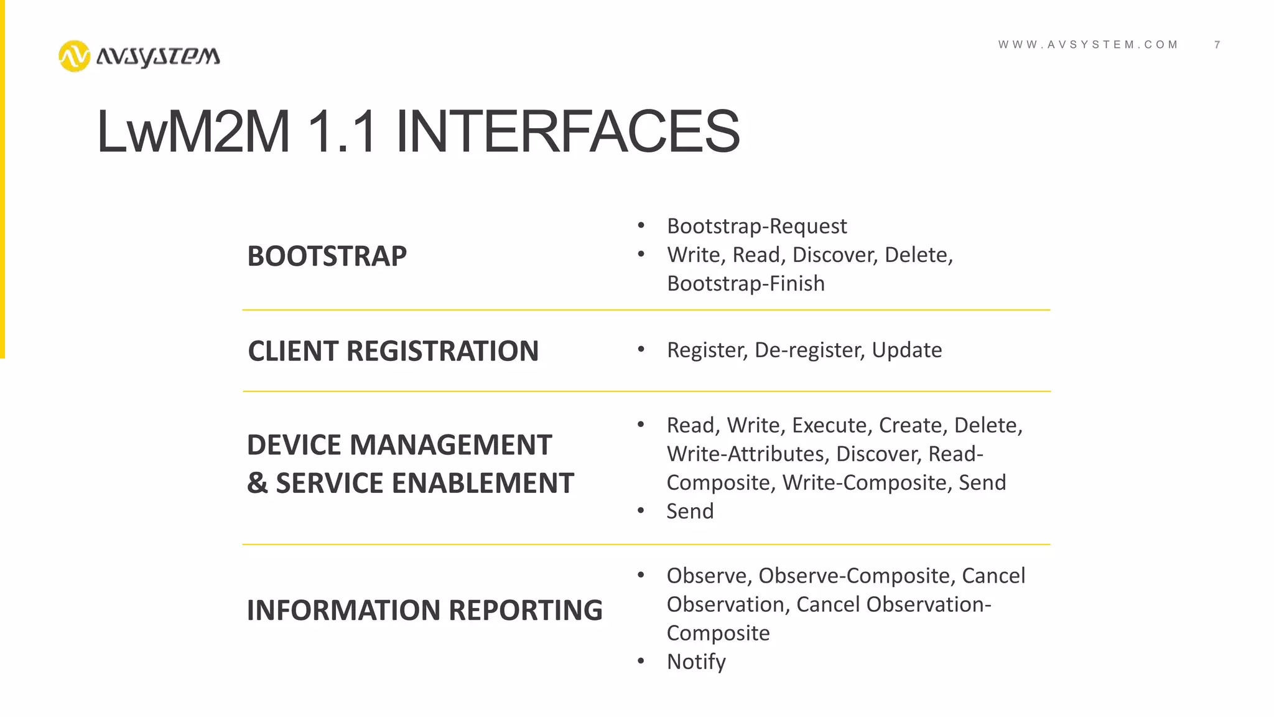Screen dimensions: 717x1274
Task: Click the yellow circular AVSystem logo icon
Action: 74,56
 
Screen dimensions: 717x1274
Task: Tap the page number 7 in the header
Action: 1217,45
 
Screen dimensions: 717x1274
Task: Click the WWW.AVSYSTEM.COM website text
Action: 1088,45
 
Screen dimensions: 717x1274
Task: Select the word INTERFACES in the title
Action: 567,131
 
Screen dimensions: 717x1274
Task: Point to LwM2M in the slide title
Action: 193,131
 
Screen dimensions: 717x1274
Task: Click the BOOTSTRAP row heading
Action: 327,256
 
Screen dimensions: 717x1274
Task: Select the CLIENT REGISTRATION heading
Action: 393,351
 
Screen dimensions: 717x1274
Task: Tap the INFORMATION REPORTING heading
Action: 424,610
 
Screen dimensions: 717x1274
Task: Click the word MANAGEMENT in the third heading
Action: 451,445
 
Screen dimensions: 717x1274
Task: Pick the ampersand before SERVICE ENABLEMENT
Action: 257,484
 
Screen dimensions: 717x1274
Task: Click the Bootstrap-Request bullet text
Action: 756,226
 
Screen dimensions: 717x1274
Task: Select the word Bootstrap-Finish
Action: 745,284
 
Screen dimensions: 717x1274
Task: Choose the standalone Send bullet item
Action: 690,511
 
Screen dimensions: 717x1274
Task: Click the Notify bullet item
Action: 696,662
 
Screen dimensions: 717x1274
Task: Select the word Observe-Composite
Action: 854,576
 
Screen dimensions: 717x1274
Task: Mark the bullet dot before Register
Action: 641,349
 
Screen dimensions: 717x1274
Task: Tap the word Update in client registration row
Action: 906,350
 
